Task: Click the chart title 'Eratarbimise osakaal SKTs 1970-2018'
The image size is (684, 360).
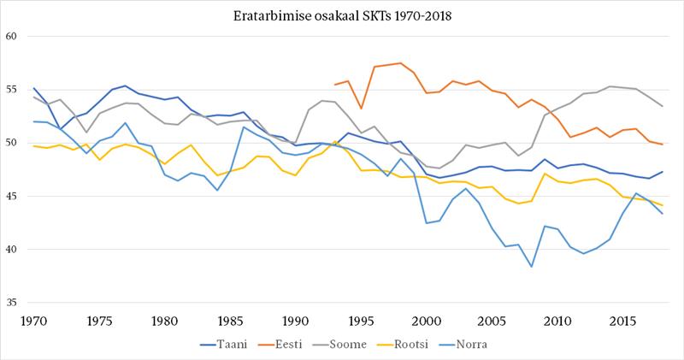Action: [342, 15]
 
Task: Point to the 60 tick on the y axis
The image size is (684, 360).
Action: [13, 37]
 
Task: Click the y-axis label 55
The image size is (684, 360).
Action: [13, 90]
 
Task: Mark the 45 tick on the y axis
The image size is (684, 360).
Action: [13, 197]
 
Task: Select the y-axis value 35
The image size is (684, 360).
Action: [13, 303]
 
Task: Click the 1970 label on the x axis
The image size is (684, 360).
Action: [34, 319]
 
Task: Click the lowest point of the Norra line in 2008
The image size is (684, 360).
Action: [531, 267]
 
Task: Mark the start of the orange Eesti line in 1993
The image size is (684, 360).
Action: [335, 85]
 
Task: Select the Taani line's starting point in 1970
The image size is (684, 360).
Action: [34, 88]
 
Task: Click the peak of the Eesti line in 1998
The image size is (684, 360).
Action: [400, 62]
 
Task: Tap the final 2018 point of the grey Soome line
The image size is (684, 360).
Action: [662, 106]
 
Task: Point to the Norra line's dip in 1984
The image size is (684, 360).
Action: [217, 190]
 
